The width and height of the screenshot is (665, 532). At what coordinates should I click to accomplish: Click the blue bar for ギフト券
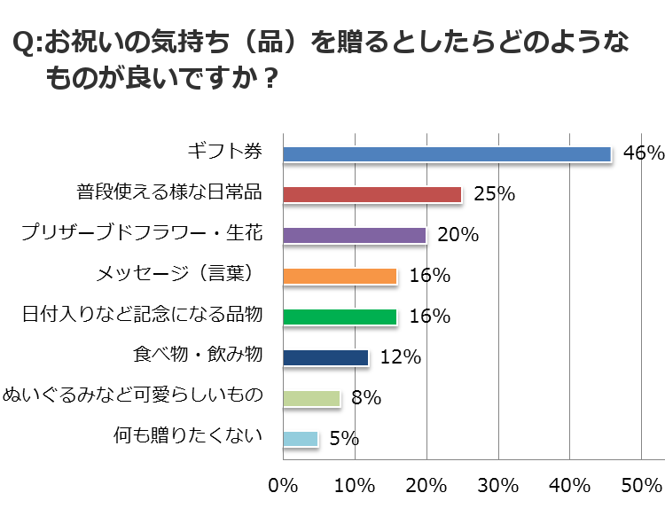tap(447, 153)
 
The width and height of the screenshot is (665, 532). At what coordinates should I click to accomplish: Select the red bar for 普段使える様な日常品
tap(372, 194)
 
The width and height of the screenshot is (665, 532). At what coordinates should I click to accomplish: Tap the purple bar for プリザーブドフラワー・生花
tap(354, 235)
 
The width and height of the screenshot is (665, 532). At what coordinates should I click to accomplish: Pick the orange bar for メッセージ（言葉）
tap(340, 276)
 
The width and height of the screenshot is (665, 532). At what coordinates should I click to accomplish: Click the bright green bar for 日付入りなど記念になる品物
tap(340, 317)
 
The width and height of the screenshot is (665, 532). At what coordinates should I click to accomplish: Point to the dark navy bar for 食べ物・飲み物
tap(325, 357)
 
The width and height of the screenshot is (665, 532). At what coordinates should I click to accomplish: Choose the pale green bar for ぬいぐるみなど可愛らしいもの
tap(311, 398)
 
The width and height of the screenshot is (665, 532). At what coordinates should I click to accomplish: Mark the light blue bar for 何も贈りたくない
tap(301, 439)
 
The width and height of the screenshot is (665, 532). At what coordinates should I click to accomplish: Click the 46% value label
tap(643, 153)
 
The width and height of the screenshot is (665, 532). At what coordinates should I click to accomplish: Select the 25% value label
tap(494, 194)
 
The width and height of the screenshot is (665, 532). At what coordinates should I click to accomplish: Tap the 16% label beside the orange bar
tap(429, 276)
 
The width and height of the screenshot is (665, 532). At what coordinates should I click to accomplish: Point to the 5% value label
tap(343, 439)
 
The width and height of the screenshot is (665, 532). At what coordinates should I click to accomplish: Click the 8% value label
tap(365, 398)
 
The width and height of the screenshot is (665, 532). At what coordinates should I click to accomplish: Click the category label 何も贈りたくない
tap(189, 435)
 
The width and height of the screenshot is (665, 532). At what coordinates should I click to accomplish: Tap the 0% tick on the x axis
tap(283, 485)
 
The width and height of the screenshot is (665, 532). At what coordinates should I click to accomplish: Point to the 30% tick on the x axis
tap(497, 485)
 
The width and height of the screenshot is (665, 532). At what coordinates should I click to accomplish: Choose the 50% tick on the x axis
tap(641, 485)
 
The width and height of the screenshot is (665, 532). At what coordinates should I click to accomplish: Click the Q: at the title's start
tap(27, 43)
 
